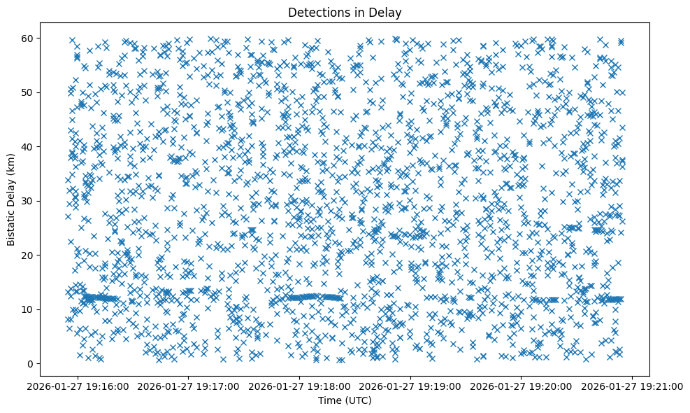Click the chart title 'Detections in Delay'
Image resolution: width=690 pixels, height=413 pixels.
[345, 12]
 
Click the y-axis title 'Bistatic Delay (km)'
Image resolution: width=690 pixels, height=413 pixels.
[12, 199]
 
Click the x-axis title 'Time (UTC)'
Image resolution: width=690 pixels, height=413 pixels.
[345, 400]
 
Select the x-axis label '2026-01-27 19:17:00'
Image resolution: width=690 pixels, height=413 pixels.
[189, 386]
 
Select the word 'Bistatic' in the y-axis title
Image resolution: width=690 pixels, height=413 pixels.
[12, 226]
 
